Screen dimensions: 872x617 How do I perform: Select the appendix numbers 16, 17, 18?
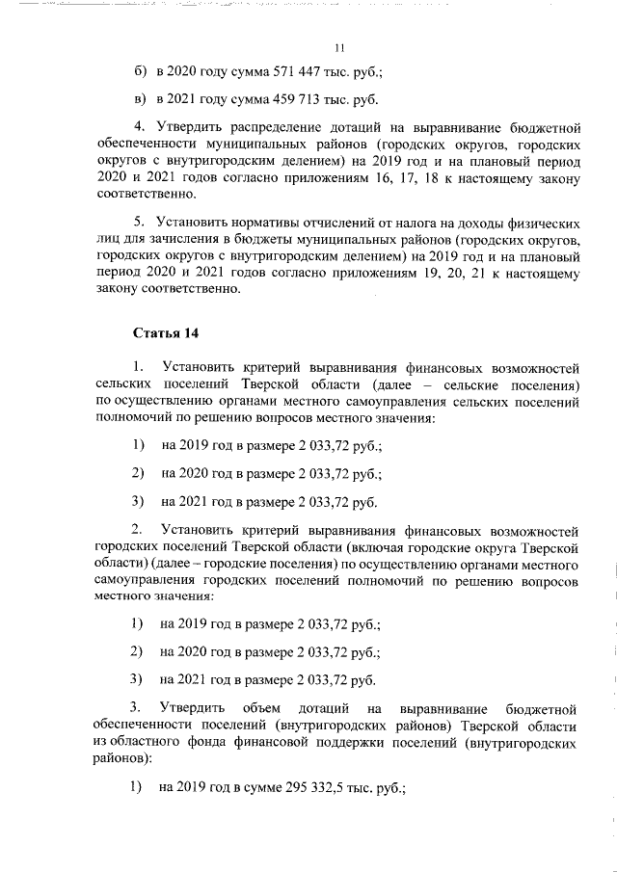pyautogui.click(x=448, y=177)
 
